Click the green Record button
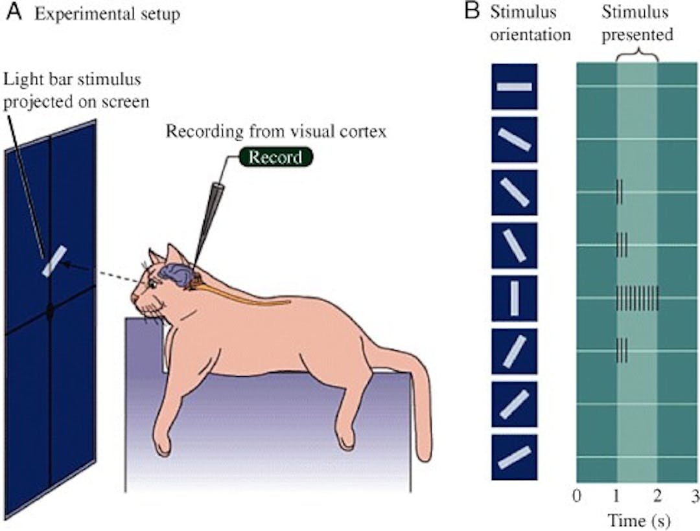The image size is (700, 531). point(275,157)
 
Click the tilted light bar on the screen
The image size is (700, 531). point(54,261)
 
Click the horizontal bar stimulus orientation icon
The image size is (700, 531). point(514,87)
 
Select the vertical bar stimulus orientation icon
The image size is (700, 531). point(514,299)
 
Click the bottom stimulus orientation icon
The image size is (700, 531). point(514,457)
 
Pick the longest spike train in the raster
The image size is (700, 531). point(637,298)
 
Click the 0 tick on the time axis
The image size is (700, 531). point(577,497)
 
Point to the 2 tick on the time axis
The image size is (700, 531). point(657,497)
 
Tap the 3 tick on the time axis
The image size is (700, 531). point(695,497)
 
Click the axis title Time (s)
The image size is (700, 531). point(638,519)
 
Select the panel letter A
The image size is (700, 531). point(11,13)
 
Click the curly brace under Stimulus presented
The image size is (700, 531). point(637,56)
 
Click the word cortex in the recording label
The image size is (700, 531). point(367,131)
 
